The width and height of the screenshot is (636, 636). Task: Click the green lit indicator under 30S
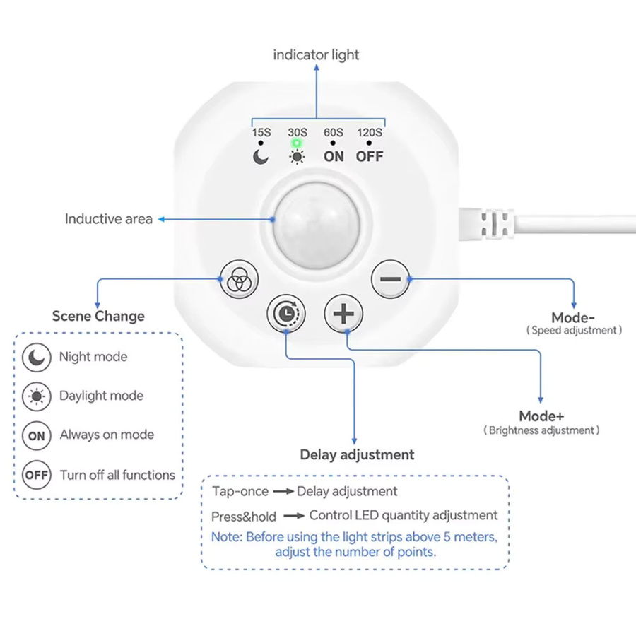point(297,143)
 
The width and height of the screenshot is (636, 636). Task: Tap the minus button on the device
point(390,279)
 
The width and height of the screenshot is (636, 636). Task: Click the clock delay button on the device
point(286,314)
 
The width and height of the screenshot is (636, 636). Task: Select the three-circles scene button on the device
point(239,279)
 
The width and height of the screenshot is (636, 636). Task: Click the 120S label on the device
point(370,133)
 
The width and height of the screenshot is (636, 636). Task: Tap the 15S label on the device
point(261,133)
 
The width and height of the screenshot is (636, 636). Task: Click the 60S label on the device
point(334,133)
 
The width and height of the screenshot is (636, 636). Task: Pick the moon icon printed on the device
point(260,157)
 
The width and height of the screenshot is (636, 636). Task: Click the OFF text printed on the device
point(370,157)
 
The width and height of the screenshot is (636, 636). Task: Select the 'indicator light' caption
point(316,54)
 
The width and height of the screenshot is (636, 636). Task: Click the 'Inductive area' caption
point(109,219)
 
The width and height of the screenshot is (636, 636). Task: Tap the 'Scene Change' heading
point(98,316)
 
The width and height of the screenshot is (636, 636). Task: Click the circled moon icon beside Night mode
point(37,358)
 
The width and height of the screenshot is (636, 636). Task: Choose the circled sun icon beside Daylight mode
point(37,396)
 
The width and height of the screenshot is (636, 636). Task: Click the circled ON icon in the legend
point(37,435)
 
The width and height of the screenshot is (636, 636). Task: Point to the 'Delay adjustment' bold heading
point(357,454)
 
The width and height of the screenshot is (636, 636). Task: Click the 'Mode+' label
point(541,416)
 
